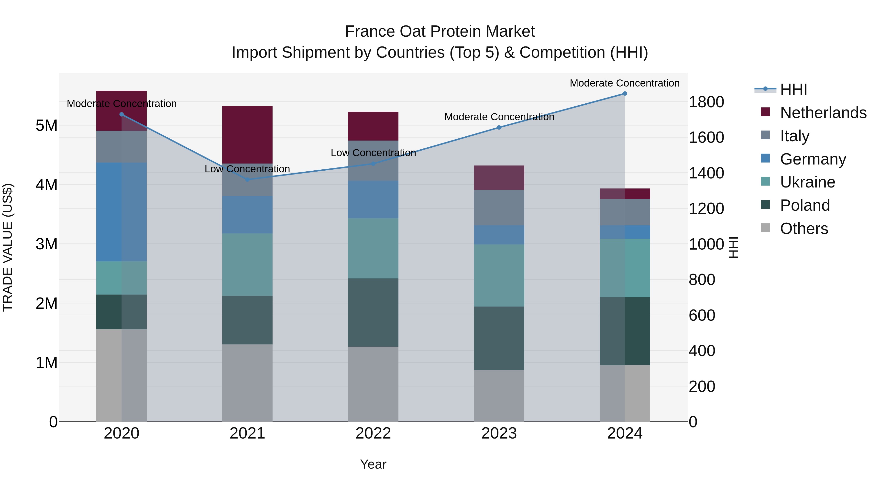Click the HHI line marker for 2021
248,179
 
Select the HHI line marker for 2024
625,94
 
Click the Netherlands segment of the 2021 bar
247,135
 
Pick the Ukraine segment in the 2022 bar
373,248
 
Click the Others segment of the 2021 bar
247,383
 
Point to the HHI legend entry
793,89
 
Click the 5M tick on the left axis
46,125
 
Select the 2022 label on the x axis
373,433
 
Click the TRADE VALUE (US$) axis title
8,247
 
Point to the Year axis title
373,464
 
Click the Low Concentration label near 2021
247,169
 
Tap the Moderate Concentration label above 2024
625,83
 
